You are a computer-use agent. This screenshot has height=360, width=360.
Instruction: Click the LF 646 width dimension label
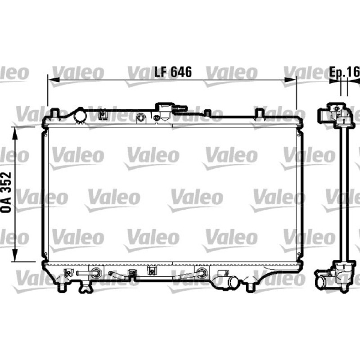[173, 72]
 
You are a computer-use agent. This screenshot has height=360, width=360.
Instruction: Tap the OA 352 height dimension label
[6, 192]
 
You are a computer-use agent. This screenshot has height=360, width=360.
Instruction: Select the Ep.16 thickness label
[344, 72]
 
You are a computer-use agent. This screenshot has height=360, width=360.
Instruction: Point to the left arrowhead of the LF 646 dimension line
[54, 80]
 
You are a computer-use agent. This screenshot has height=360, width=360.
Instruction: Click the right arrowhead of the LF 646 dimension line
[290, 80]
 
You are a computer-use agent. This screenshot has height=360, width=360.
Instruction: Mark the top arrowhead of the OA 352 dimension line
[15, 133]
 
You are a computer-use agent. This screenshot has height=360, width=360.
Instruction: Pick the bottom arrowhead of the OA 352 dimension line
[15, 255]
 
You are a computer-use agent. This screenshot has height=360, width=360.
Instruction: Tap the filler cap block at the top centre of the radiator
[164, 111]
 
